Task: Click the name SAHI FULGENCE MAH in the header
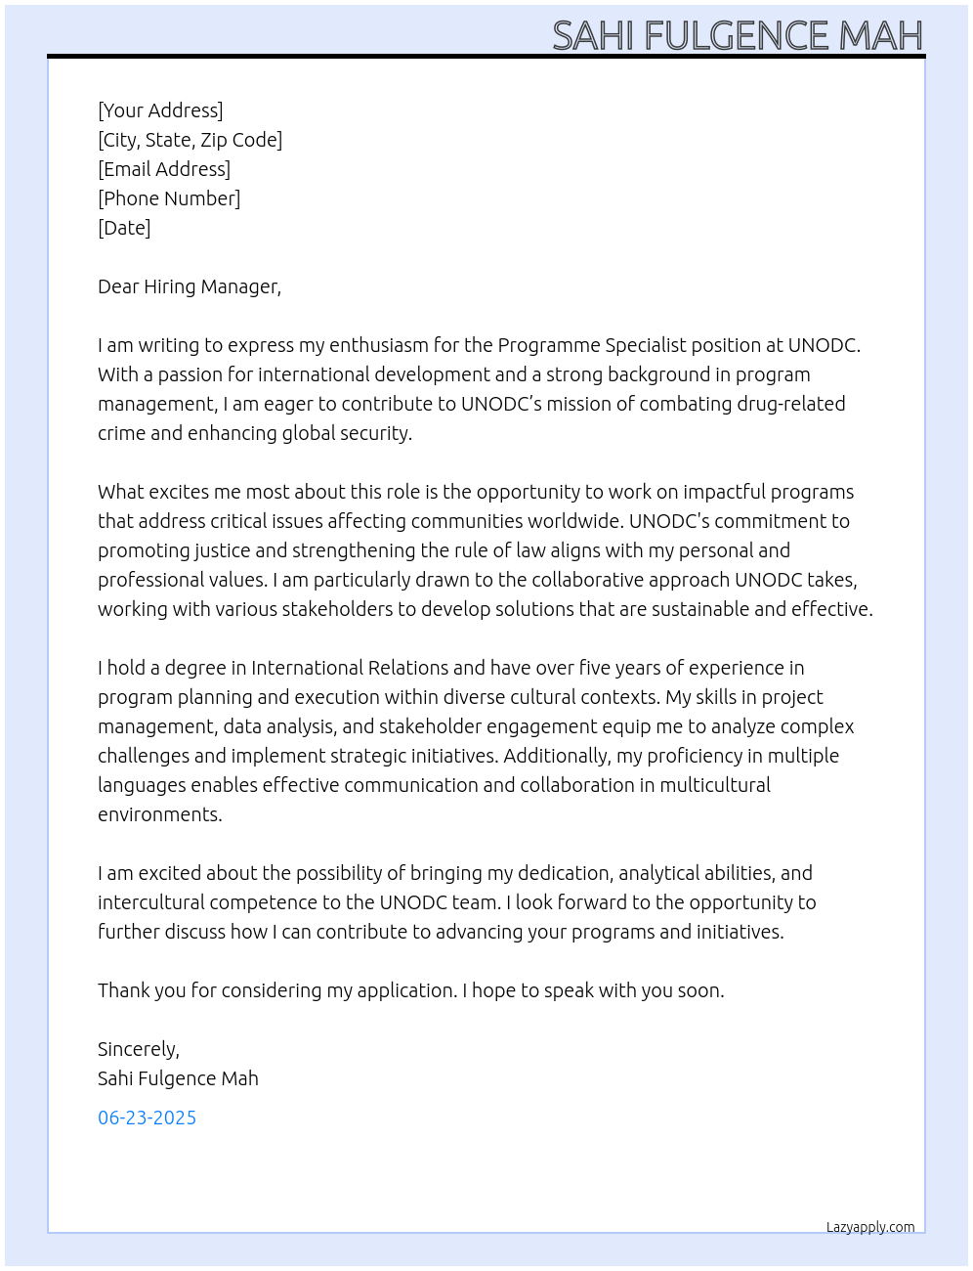coord(738,35)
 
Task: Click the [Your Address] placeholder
coord(160,110)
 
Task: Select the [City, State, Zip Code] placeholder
coord(190,140)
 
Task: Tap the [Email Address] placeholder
coord(164,169)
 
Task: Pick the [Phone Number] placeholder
coord(169,198)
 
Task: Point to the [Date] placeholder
coord(124,228)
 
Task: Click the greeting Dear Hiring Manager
coord(189,286)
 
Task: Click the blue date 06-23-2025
coord(147,1118)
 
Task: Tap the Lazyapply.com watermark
coord(870,1227)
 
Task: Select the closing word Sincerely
coord(138,1049)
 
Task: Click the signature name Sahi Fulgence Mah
coord(178,1078)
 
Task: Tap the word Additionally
coord(556,756)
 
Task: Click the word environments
coord(159,814)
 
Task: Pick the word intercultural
coord(150,902)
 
